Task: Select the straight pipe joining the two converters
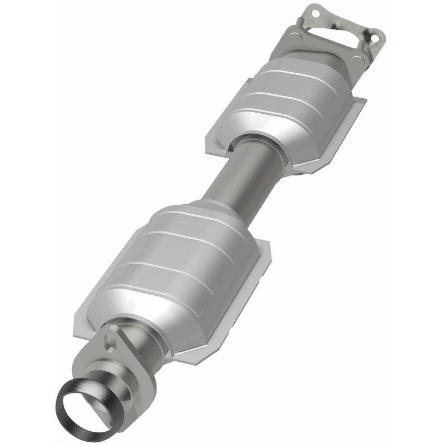[238, 173]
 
